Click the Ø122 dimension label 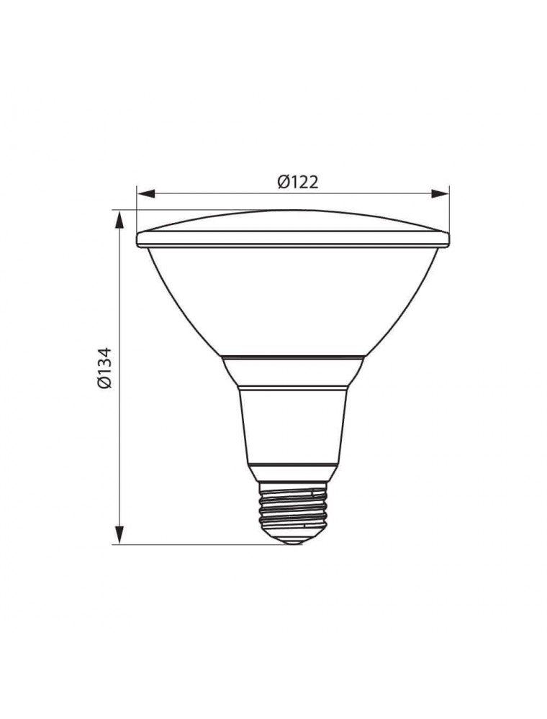[297, 183]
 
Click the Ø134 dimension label [104, 367]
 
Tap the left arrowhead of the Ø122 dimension [146, 194]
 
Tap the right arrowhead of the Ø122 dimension [440, 194]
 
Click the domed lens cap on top [293, 221]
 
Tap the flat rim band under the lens [293, 239]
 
